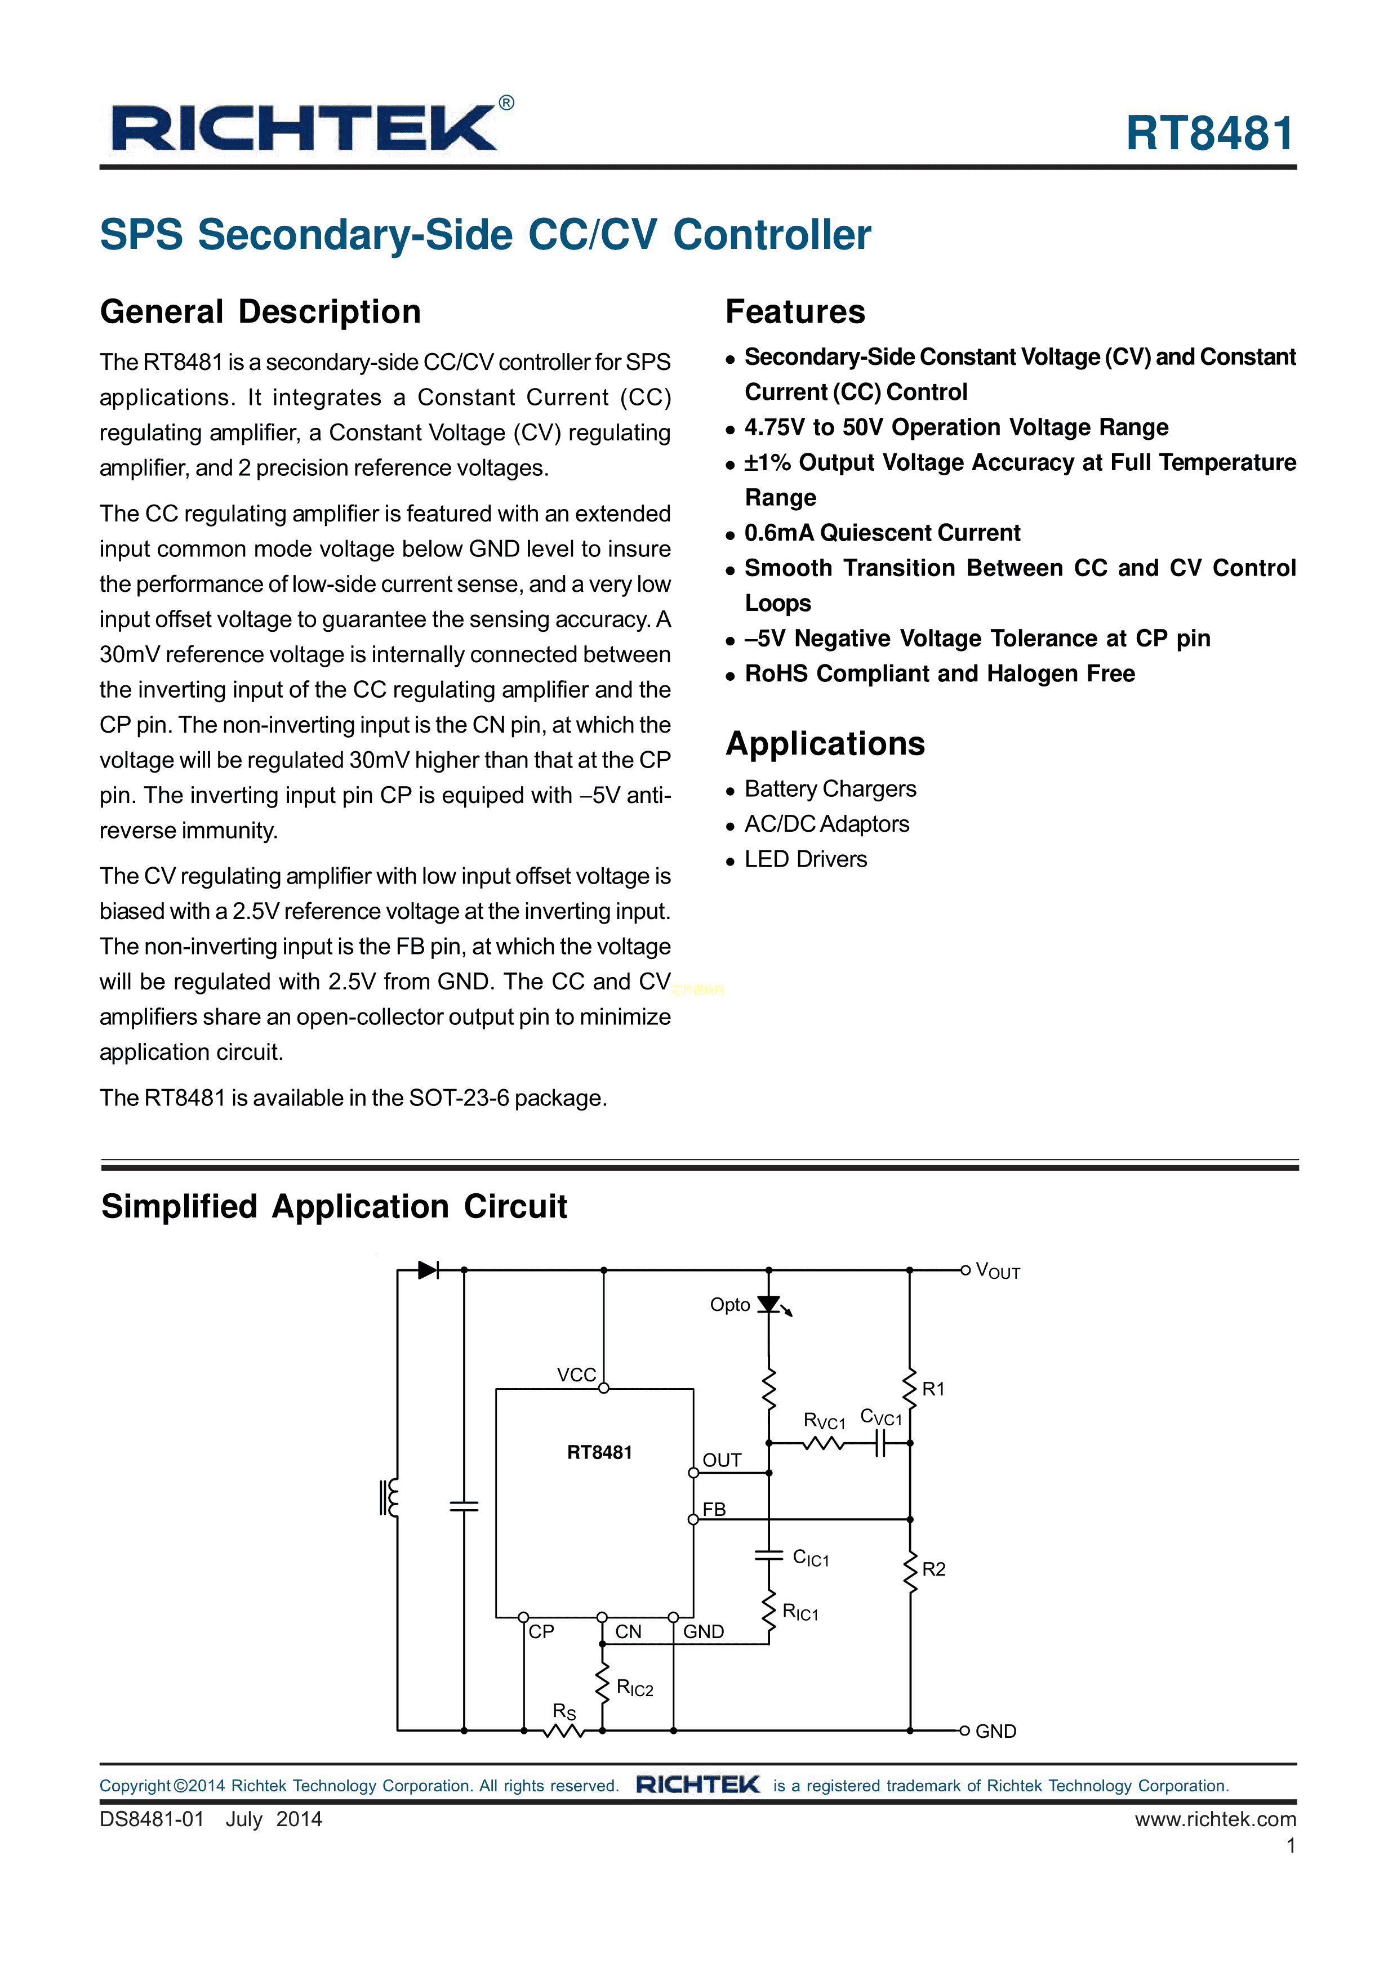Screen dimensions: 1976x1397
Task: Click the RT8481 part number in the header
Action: (x=1209, y=134)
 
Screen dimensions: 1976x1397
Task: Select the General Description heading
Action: (x=260, y=311)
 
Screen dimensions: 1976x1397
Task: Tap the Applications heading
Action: (x=825, y=743)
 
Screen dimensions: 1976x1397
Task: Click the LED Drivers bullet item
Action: (x=805, y=859)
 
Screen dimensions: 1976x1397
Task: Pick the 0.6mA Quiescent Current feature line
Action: (x=882, y=533)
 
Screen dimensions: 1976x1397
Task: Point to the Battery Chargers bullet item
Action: (x=830, y=788)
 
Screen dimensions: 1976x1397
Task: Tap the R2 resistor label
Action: (x=933, y=1569)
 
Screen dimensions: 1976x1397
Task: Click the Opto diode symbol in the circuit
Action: (x=769, y=1305)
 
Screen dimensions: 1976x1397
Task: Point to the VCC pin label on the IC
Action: (x=576, y=1375)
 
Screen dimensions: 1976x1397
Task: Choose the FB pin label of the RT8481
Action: (x=714, y=1510)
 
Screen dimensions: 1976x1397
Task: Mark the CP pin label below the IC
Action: (x=541, y=1632)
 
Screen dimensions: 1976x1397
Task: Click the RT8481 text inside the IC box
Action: (x=599, y=1453)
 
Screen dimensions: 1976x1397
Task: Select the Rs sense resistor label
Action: (x=564, y=1711)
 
